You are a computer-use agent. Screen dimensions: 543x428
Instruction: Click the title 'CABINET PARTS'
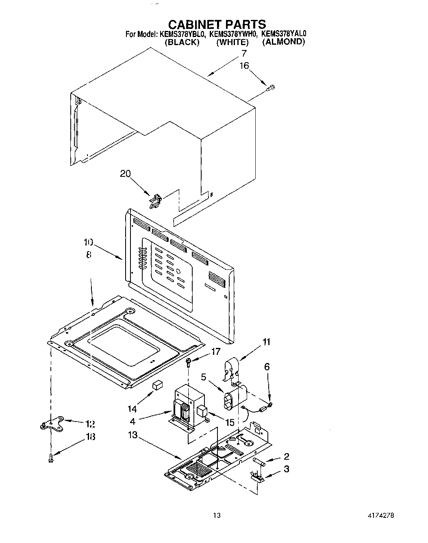tap(217, 24)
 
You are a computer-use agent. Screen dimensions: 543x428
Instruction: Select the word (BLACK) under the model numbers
tap(182, 42)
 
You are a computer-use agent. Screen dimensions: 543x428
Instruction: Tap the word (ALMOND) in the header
tap(283, 41)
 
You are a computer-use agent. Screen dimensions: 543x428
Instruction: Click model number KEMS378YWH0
tap(233, 34)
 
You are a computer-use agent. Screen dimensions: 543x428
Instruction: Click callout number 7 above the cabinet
tap(244, 53)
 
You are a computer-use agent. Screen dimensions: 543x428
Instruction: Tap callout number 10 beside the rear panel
tap(88, 243)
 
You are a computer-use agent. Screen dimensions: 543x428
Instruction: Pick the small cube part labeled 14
tap(157, 384)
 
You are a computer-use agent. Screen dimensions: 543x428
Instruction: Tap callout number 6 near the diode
tap(267, 367)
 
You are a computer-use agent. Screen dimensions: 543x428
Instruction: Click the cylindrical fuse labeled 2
tap(259, 462)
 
